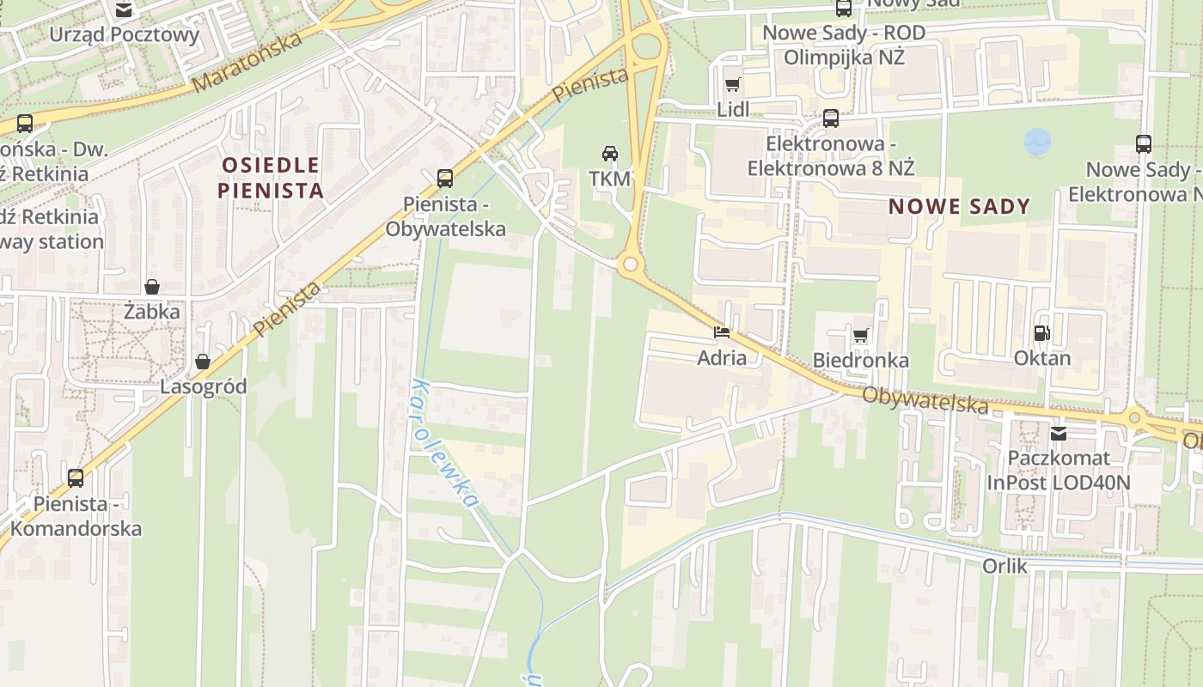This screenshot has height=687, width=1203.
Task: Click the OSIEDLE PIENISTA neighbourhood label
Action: (x=271, y=177)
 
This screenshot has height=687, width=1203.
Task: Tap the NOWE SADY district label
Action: (x=959, y=206)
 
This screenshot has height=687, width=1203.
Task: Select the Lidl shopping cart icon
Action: (x=732, y=84)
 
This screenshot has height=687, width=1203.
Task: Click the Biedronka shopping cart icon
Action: (x=861, y=335)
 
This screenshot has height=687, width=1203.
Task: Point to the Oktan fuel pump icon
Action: (x=1042, y=332)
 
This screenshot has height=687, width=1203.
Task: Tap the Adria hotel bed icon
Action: (x=722, y=331)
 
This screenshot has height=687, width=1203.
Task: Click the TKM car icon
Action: (x=610, y=154)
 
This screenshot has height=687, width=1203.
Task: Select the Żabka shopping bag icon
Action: (x=152, y=286)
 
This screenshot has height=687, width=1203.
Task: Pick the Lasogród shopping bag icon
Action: (x=203, y=362)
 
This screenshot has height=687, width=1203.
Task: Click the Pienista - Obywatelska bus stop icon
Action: (x=445, y=178)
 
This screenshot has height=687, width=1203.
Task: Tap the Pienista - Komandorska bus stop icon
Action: (x=76, y=478)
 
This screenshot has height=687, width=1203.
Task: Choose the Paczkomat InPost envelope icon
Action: (x=1059, y=434)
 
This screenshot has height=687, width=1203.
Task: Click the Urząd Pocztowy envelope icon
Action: (x=124, y=10)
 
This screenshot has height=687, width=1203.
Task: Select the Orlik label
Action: (x=1005, y=565)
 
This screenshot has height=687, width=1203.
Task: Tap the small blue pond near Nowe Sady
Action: (x=1037, y=142)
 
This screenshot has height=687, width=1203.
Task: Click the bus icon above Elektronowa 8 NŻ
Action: (x=831, y=119)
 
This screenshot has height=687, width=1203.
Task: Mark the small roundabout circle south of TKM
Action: (x=631, y=264)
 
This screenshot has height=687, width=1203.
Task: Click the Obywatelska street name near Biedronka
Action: (x=925, y=399)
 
